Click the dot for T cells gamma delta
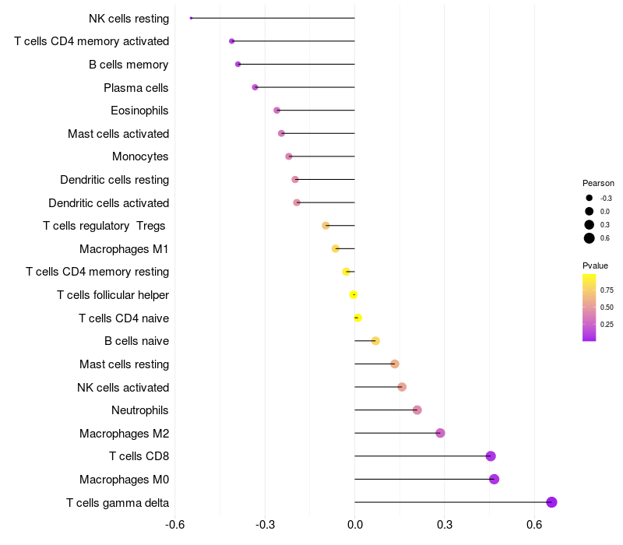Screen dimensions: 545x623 coord(551,502)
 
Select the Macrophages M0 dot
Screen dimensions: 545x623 coord(494,479)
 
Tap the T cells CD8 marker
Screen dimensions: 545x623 coord(491,456)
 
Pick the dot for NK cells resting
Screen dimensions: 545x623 coord(191,18)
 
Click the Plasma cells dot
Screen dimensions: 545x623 coord(255,87)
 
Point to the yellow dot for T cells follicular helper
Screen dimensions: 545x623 coord(354,294)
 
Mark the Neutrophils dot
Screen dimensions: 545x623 coord(417,410)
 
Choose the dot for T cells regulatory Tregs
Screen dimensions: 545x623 coord(326,226)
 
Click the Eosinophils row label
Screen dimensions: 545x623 coord(139,111)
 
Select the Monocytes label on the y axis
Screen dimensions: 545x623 coord(140,156)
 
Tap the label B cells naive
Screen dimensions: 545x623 coord(136,341)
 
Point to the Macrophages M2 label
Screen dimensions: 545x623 coord(124,433)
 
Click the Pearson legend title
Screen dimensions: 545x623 coord(598,183)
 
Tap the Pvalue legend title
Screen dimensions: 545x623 coord(595,265)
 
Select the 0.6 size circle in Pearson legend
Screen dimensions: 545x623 coord(590,238)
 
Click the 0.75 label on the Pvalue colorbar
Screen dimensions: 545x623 coord(606,290)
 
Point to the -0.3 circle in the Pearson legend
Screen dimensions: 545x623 coord(590,198)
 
